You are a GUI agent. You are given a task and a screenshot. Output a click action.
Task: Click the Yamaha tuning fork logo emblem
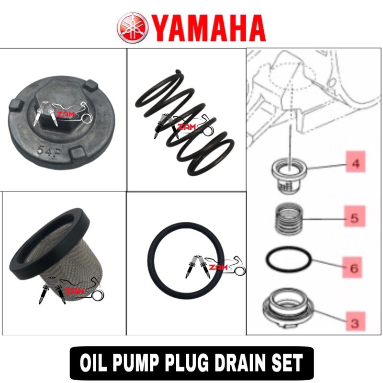(133, 28)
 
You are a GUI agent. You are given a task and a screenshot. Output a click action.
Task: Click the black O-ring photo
(186, 260)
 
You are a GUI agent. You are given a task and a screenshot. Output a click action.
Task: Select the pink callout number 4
(356, 162)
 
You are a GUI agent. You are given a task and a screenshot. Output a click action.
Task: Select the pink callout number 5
(355, 216)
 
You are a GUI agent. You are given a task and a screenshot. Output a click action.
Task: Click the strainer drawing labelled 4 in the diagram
(289, 175)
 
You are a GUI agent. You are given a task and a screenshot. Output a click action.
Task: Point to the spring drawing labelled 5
(289, 218)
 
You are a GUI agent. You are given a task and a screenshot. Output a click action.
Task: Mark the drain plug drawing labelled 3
(288, 308)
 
